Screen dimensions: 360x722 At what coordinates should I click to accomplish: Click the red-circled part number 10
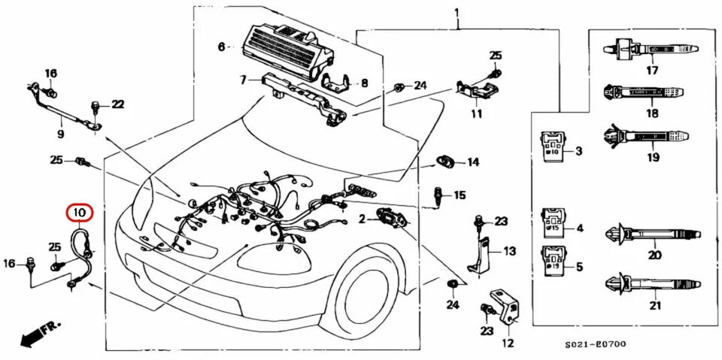(80, 213)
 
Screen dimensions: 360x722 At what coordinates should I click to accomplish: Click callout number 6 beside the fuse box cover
(221, 47)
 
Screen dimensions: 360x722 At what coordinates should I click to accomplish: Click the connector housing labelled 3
(554, 148)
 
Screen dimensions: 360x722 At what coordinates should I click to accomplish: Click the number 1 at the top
(457, 13)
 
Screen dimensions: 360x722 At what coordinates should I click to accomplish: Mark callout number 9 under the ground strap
(60, 135)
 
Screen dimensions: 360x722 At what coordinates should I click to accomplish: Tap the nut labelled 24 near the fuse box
(398, 86)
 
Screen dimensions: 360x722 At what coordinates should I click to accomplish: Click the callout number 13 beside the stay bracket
(509, 251)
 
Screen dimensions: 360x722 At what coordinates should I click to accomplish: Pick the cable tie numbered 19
(650, 139)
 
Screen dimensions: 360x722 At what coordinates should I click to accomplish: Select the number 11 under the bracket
(476, 114)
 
